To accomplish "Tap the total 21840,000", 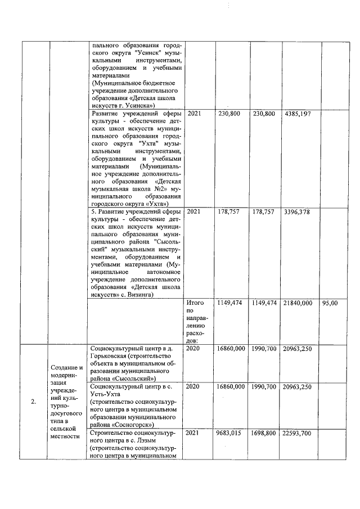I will [298, 303].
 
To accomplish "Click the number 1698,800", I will [264, 434].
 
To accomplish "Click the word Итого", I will [194, 303].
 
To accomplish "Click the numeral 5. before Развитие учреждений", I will [93, 211].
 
